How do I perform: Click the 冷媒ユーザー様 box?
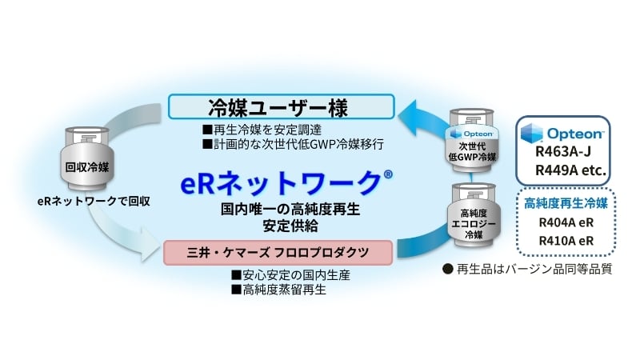pyautogui.click(x=280, y=106)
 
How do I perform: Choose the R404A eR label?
pyautogui.click(x=565, y=222)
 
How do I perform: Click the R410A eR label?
pyautogui.click(x=565, y=240)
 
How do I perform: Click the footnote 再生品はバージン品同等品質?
pyautogui.click(x=528, y=269)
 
